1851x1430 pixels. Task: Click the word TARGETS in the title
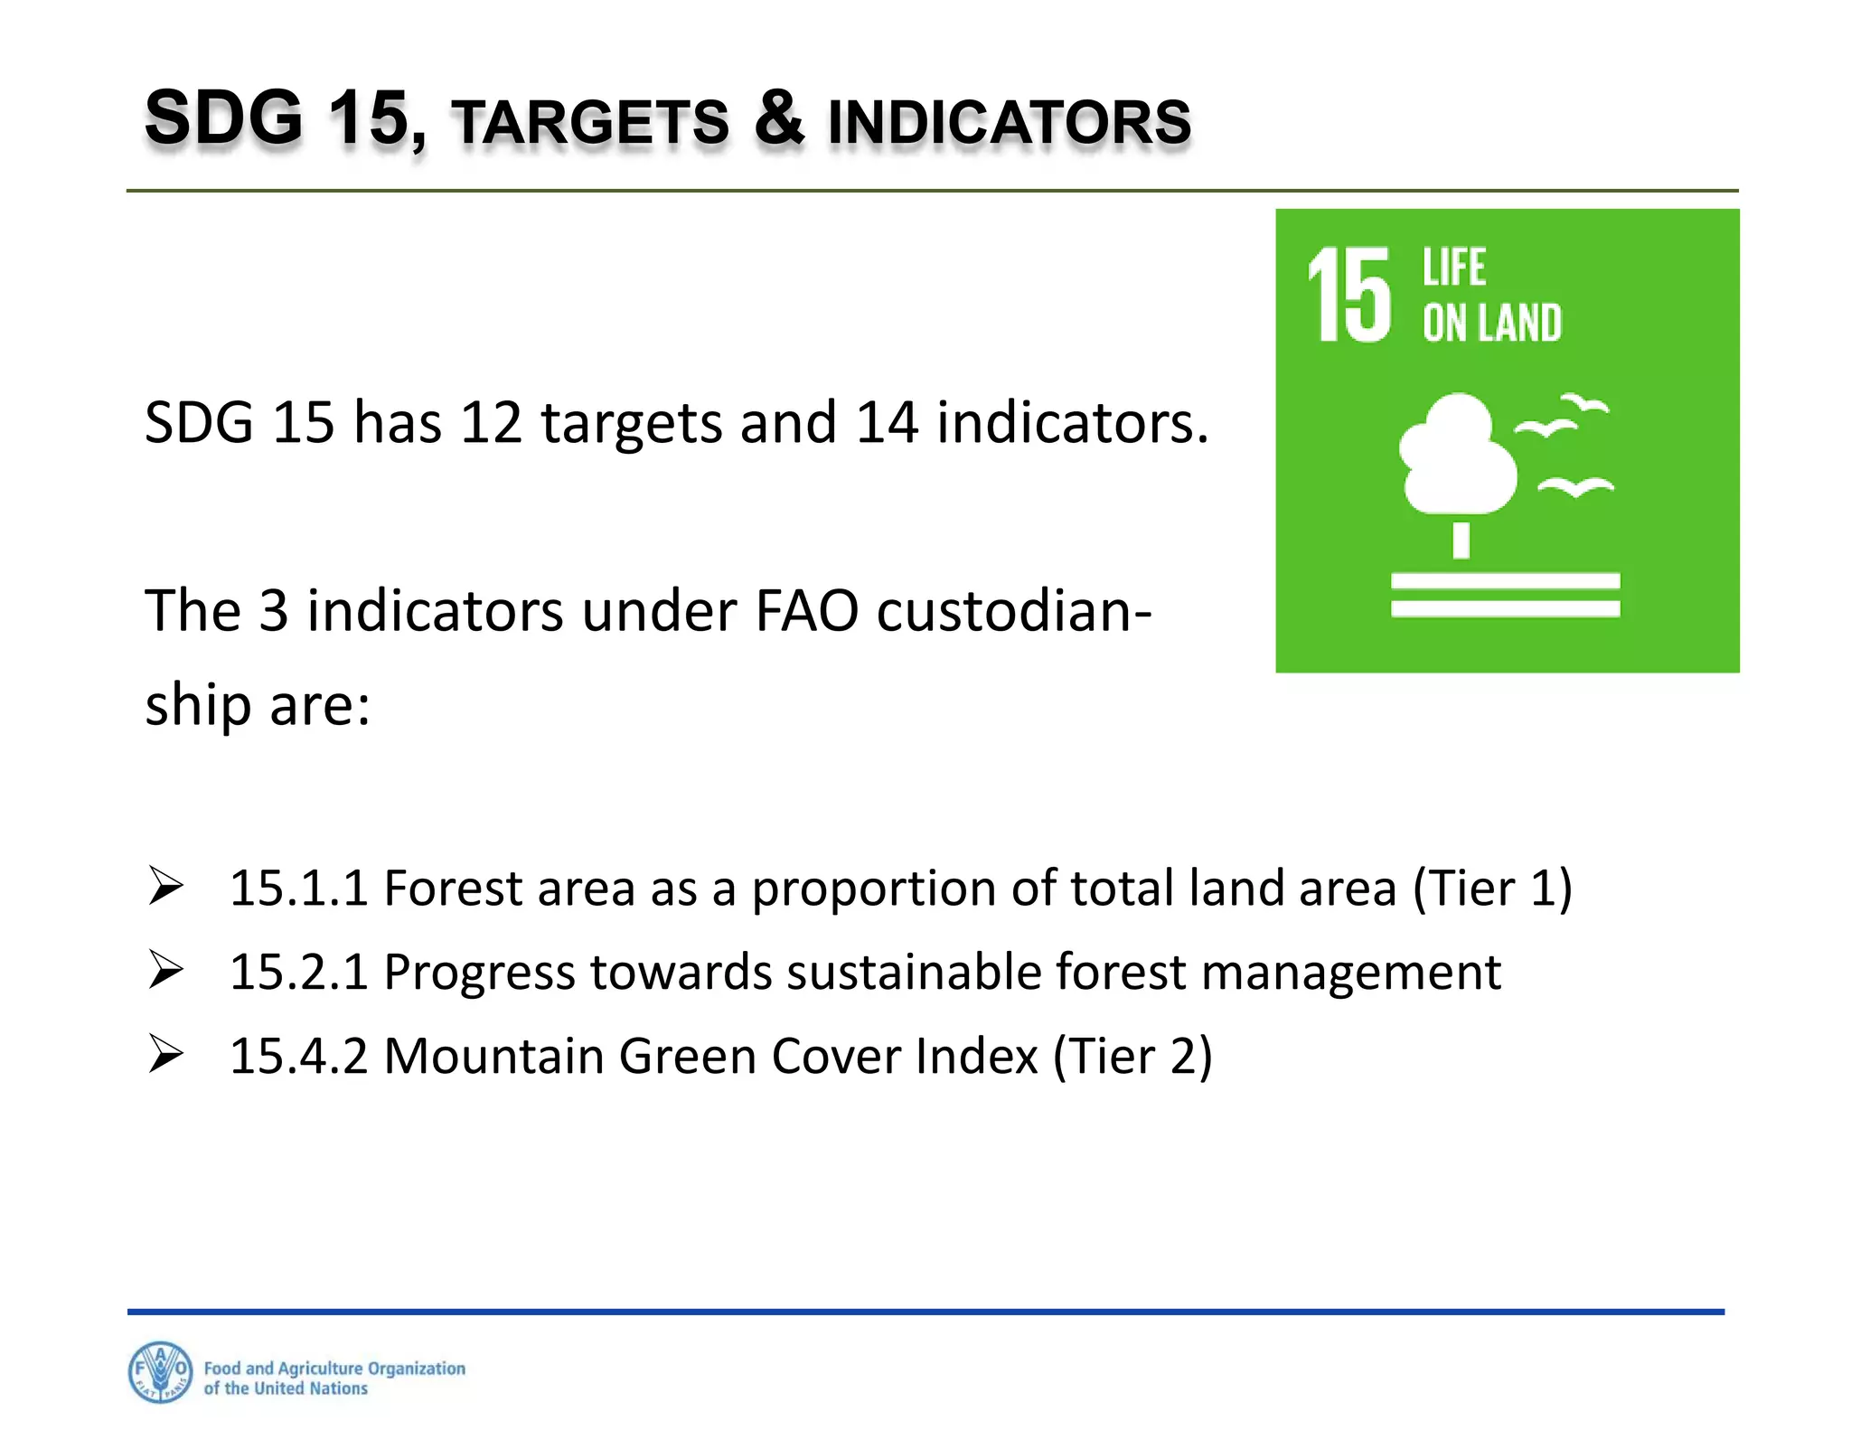(x=590, y=123)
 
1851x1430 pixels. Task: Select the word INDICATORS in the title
(x=1010, y=123)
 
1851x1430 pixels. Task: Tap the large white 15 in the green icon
(x=1349, y=296)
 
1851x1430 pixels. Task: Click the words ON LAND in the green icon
(x=1491, y=324)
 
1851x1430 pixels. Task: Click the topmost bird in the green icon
(x=1583, y=403)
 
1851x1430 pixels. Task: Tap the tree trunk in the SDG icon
(x=1461, y=541)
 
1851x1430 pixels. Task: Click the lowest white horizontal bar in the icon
(x=1505, y=609)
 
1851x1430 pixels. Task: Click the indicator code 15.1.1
(x=299, y=888)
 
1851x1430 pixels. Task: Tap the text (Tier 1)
(x=1492, y=888)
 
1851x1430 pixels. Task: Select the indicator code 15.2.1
(x=299, y=972)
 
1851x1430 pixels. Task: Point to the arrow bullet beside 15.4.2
(x=166, y=1054)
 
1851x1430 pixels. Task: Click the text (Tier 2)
(x=1132, y=1056)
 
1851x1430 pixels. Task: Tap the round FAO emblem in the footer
(x=160, y=1371)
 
